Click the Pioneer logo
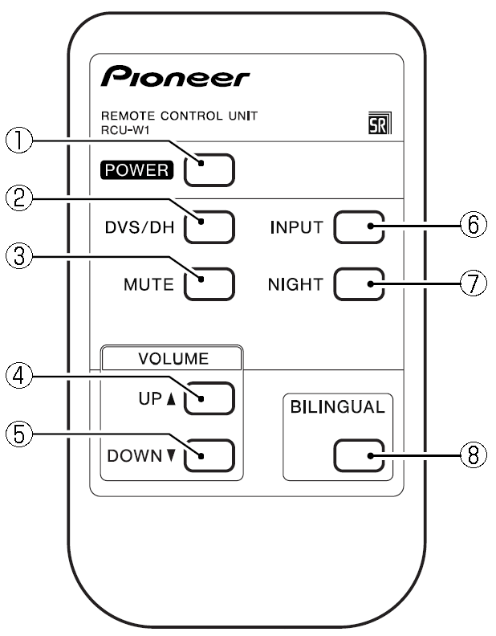pyautogui.click(x=175, y=75)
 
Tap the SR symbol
pyautogui.click(x=380, y=123)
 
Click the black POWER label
pyautogui.click(x=137, y=170)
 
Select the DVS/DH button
pyautogui.click(x=209, y=227)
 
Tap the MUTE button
pyautogui.click(x=209, y=284)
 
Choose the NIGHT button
pyautogui.click(x=359, y=284)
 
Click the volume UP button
pyautogui.click(x=209, y=398)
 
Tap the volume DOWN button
pyautogui.click(x=209, y=455)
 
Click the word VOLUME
pyautogui.click(x=173, y=359)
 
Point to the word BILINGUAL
pyautogui.click(x=338, y=407)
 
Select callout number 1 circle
pyautogui.click(x=18, y=141)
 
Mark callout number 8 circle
pyautogui.click(x=474, y=455)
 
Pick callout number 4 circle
pyautogui.click(x=18, y=376)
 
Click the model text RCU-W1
pyautogui.click(x=125, y=131)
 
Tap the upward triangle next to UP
pyautogui.click(x=172, y=399)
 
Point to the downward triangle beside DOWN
pyautogui.click(x=172, y=455)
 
